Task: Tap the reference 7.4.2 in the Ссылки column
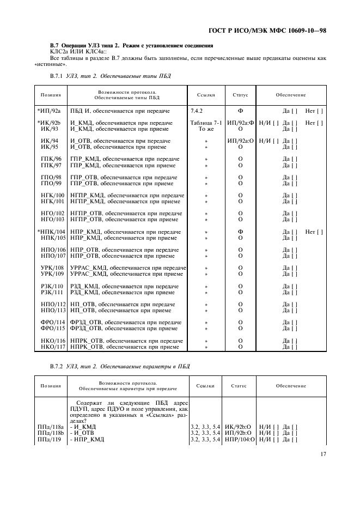click(198, 111)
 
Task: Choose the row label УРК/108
click(52, 268)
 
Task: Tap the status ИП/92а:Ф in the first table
click(241, 123)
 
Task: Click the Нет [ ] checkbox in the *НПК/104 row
click(314, 232)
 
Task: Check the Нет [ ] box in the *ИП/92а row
click(314, 111)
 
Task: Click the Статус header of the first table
click(240, 95)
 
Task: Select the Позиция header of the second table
click(51, 386)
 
